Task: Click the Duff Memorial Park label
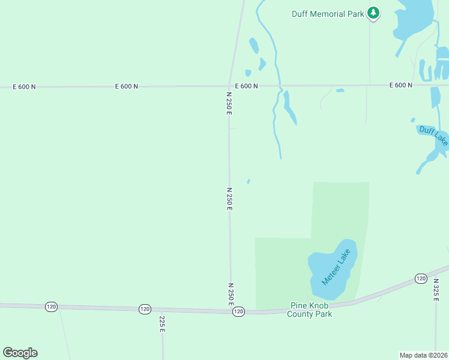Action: pos(328,14)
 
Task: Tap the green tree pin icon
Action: pos(373,13)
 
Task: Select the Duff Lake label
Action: pos(433,136)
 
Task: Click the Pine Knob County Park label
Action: pos(310,309)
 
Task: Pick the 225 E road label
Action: pos(162,324)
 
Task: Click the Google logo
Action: pos(20,353)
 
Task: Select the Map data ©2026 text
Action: pos(423,355)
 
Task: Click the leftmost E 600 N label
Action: pos(25,87)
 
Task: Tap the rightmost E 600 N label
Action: pos(400,85)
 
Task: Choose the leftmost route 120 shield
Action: pos(51,307)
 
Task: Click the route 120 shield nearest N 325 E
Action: pos(420,279)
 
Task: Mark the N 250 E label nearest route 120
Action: pos(231,294)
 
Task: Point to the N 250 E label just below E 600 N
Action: pos(229,103)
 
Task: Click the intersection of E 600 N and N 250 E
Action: pos(229,86)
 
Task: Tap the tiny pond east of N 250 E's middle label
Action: pos(249,181)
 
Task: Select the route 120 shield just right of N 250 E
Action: pos(239,311)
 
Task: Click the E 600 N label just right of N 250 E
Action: pos(247,86)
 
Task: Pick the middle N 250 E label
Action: pos(229,199)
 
